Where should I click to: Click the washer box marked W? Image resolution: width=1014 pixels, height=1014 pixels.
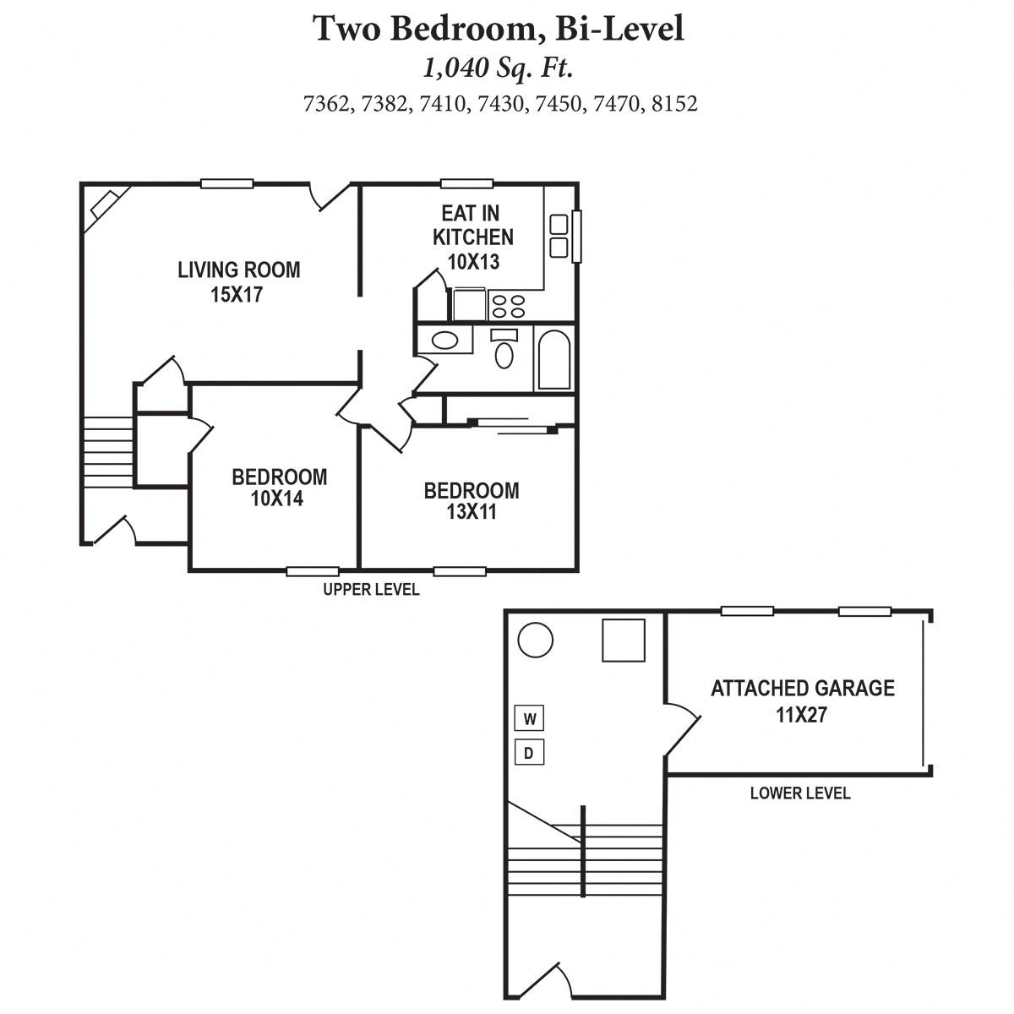(x=529, y=719)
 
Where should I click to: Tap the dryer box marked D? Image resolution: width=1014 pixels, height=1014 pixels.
(x=529, y=752)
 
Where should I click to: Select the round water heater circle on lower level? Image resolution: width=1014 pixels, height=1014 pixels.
(x=535, y=641)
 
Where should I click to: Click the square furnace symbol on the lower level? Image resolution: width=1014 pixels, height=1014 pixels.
(x=624, y=640)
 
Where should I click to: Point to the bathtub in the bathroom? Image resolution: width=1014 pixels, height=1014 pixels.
(x=554, y=359)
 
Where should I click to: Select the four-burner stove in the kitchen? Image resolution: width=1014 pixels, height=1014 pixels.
(x=508, y=305)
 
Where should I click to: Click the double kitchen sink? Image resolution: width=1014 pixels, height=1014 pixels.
(x=559, y=236)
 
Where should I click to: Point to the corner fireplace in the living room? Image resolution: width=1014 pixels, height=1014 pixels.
(x=106, y=204)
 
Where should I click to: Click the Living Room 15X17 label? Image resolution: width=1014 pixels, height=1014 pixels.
(x=238, y=282)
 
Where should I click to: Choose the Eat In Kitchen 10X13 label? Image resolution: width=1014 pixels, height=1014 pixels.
(x=472, y=237)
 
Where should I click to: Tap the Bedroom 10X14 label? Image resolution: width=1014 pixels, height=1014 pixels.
(x=279, y=488)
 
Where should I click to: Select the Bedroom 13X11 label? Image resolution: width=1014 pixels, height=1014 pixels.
(x=471, y=501)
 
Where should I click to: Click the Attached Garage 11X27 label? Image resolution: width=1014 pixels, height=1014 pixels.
(x=802, y=701)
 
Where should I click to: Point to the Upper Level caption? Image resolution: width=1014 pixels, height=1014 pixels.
(x=371, y=590)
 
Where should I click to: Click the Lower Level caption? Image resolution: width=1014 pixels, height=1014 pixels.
(x=799, y=793)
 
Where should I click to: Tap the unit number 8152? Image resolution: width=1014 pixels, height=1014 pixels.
(x=674, y=104)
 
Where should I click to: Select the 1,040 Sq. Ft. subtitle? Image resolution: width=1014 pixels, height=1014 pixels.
(x=499, y=66)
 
